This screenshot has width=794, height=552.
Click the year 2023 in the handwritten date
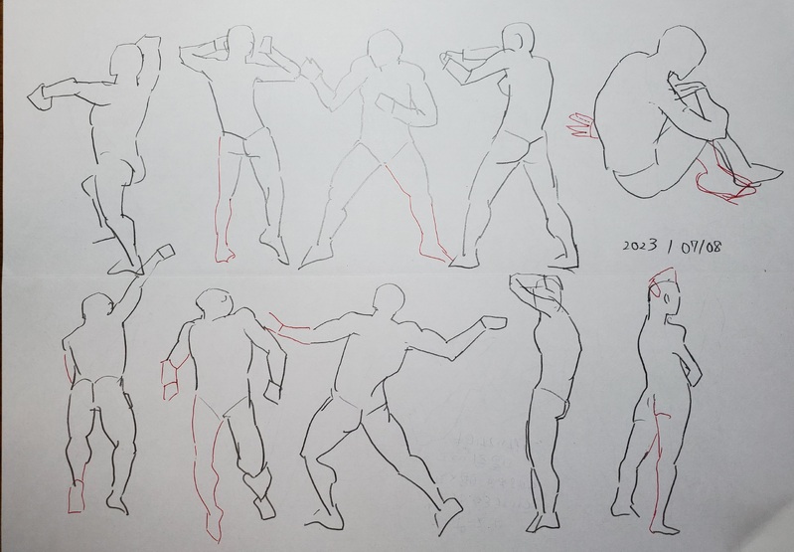tap(640, 246)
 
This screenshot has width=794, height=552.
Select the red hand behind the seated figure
tap(579, 124)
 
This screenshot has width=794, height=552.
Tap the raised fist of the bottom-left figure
tap(165, 252)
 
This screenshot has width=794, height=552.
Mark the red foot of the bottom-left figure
tap(76, 497)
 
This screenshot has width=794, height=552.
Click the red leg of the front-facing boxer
tap(415, 213)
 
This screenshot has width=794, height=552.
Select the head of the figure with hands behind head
tap(240, 44)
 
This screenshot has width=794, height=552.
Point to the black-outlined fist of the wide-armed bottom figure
tap(493, 323)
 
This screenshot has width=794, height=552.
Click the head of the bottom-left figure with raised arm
tap(97, 308)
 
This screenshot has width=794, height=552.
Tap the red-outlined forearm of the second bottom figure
tap(171, 378)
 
